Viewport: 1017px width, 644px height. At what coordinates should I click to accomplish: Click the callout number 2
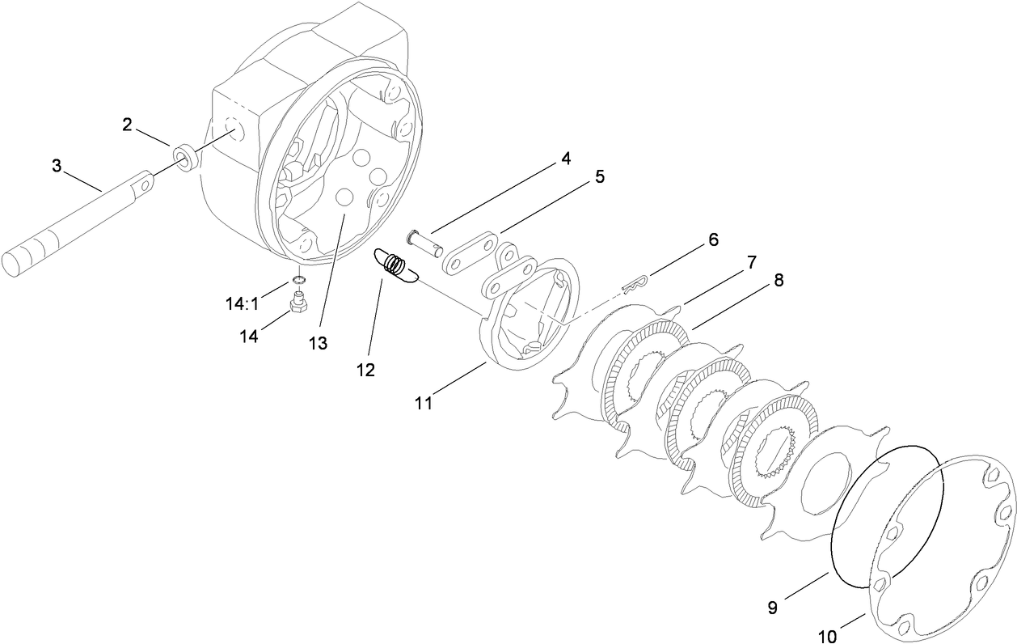point(127,125)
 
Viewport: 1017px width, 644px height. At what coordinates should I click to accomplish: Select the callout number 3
point(56,166)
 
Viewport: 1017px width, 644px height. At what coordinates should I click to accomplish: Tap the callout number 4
point(565,159)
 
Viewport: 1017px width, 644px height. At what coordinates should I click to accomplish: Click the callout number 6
point(712,240)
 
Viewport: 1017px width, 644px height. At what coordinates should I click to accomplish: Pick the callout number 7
point(751,262)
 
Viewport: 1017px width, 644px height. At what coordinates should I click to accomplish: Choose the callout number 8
point(778,281)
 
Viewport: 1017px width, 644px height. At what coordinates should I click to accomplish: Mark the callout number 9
point(772,608)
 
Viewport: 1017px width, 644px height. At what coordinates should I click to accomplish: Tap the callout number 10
point(826,637)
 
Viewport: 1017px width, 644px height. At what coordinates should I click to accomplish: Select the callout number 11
point(424,402)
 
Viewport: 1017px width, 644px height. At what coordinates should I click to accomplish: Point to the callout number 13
point(318,343)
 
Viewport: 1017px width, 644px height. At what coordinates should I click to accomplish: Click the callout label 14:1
point(242,304)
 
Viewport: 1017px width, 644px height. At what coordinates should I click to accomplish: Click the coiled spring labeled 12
point(394,267)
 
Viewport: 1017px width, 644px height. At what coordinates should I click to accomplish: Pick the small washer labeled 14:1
point(298,281)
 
